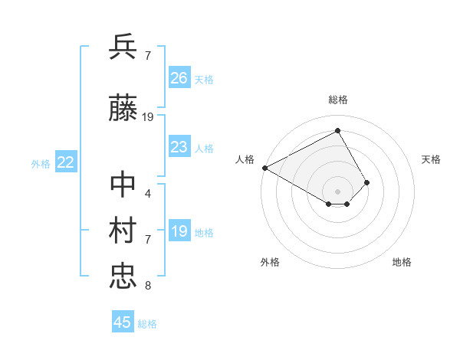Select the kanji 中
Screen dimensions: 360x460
[123, 185]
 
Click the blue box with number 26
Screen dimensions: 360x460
[179, 78]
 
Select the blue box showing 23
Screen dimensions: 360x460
[179, 147]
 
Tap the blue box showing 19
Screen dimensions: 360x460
[179, 231]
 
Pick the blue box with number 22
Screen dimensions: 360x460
[66, 162]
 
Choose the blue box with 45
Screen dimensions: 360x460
[123, 322]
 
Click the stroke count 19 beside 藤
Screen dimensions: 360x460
[148, 117]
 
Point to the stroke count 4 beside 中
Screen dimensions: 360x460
[147, 193]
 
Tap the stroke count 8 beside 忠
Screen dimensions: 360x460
[147, 286]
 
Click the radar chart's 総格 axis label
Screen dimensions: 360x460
[337, 100]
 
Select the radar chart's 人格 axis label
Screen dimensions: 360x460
[245, 159]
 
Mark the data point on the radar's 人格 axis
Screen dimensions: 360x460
[264, 167]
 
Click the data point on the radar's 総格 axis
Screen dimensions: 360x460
[337, 131]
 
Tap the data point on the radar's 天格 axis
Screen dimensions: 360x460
[367, 182]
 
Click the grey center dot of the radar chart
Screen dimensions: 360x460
[337, 191]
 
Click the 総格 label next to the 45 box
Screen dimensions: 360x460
[147, 324]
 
